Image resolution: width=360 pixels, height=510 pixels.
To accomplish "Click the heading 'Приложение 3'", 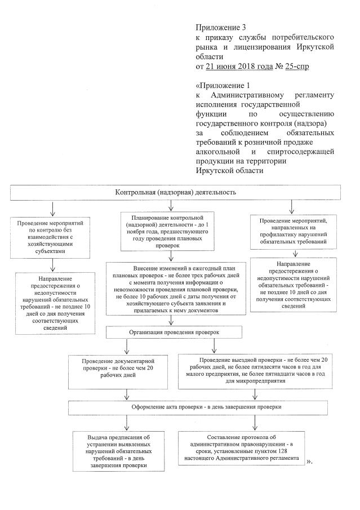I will click(x=221, y=27).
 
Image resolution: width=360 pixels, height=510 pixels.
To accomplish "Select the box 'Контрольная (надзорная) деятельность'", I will click(x=175, y=192).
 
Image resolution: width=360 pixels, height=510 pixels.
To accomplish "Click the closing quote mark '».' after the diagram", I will click(x=309, y=462).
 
